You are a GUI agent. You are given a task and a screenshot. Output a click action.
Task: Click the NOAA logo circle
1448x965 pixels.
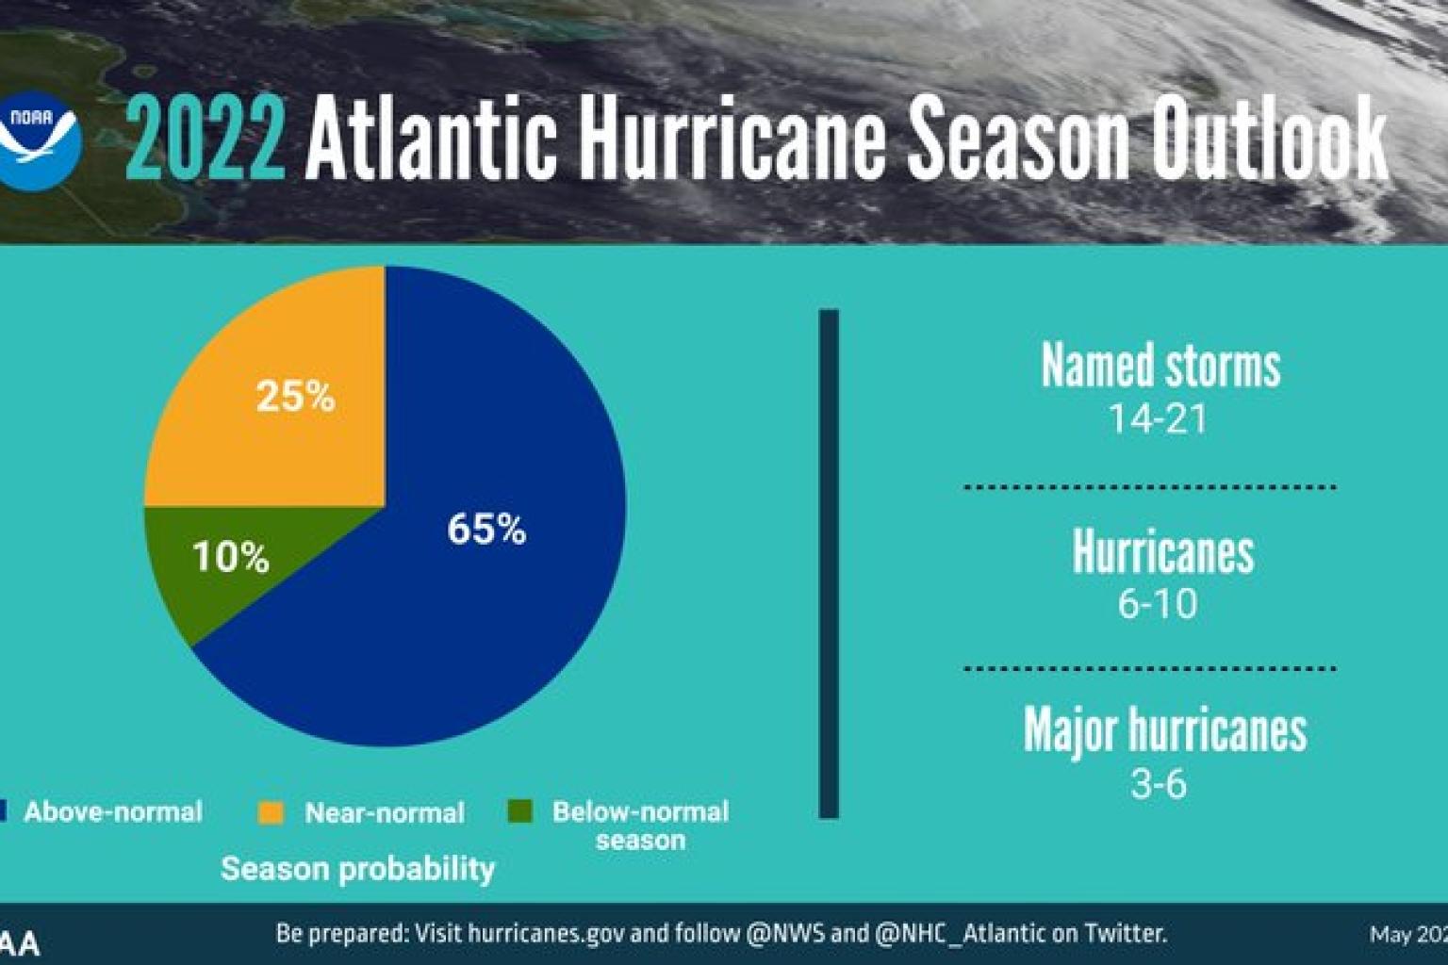tap(38, 141)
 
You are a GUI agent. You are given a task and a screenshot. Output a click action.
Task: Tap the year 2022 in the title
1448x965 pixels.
tap(205, 141)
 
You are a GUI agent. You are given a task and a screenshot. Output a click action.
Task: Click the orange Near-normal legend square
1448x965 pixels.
tap(271, 812)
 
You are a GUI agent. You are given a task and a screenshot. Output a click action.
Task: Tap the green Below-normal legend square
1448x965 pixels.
tap(519, 811)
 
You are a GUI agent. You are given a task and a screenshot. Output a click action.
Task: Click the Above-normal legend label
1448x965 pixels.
tap(113, 812)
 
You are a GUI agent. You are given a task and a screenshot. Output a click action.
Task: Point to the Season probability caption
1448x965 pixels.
tap(357, 869)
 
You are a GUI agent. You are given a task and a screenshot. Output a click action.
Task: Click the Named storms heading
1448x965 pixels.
tap(1160, 366)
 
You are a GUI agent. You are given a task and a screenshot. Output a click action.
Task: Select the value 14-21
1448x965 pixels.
tap(1158, 419)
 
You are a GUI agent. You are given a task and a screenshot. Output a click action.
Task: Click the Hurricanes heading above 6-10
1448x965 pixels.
tap(1163, 552)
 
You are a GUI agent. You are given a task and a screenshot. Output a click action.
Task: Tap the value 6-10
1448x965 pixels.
tap(1158, 604)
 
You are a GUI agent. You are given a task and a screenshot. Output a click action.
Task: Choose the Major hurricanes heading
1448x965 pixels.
tap(1165, 730)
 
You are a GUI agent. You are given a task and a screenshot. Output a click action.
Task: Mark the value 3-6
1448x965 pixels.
tap(1158, 784)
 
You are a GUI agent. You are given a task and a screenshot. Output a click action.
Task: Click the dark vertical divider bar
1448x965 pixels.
tap(829, 564)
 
